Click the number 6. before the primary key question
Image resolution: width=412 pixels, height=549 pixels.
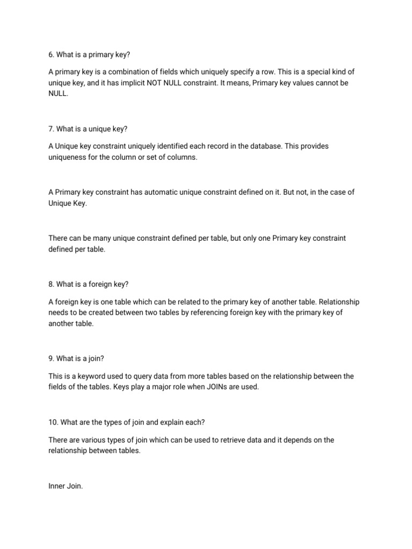click(x=51, y=54)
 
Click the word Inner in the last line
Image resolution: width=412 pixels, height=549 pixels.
click(x=57, y=486)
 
